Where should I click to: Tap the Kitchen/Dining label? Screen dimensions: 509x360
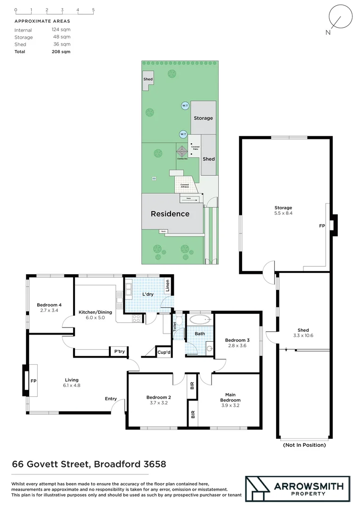coord(91,312)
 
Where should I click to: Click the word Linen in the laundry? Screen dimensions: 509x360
coord(167,286)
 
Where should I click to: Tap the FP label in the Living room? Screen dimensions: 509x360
coord(33,380)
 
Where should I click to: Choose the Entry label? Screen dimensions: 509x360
coord(111,399)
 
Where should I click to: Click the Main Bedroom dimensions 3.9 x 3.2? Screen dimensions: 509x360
coord(230,405)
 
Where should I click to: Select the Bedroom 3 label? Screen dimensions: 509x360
coord(237,340)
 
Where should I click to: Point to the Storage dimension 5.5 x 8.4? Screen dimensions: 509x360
coord(283,213)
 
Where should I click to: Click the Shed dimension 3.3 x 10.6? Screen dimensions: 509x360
coord(303,336)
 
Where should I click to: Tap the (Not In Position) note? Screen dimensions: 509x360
coord(304,444)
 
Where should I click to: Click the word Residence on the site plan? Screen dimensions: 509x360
coord(170,213)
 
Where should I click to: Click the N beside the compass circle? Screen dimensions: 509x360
coord(328,32)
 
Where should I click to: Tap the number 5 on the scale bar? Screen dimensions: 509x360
coord(93,10)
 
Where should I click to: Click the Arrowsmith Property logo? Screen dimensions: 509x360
coord(297,489)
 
